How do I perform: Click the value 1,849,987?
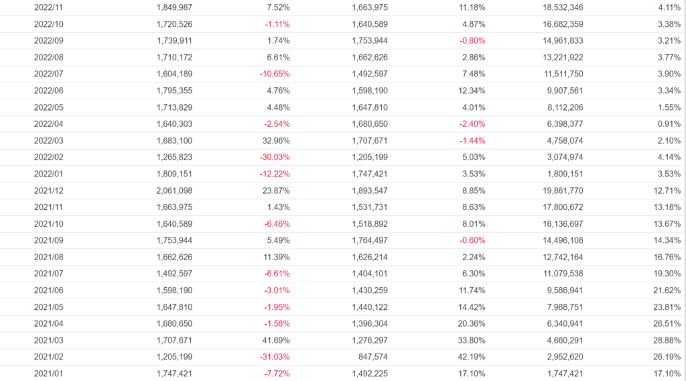(x=174, y=7)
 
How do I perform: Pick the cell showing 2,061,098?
(x=174, y=190)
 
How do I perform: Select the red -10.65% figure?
(x=275, y=74)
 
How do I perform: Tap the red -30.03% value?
(x=275, y=157)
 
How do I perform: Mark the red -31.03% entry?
(x=275, y=356)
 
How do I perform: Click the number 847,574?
(x=372, y=356)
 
